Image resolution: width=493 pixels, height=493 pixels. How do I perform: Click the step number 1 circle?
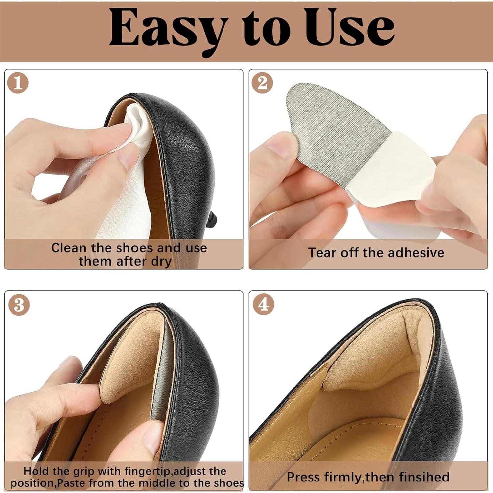pyautogui.click(x=18, y=82)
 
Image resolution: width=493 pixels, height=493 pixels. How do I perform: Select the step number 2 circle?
pyautogui.click(x=262, y=82)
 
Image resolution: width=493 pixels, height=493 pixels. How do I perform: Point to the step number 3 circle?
pyautogui.click(x=19, y=305)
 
